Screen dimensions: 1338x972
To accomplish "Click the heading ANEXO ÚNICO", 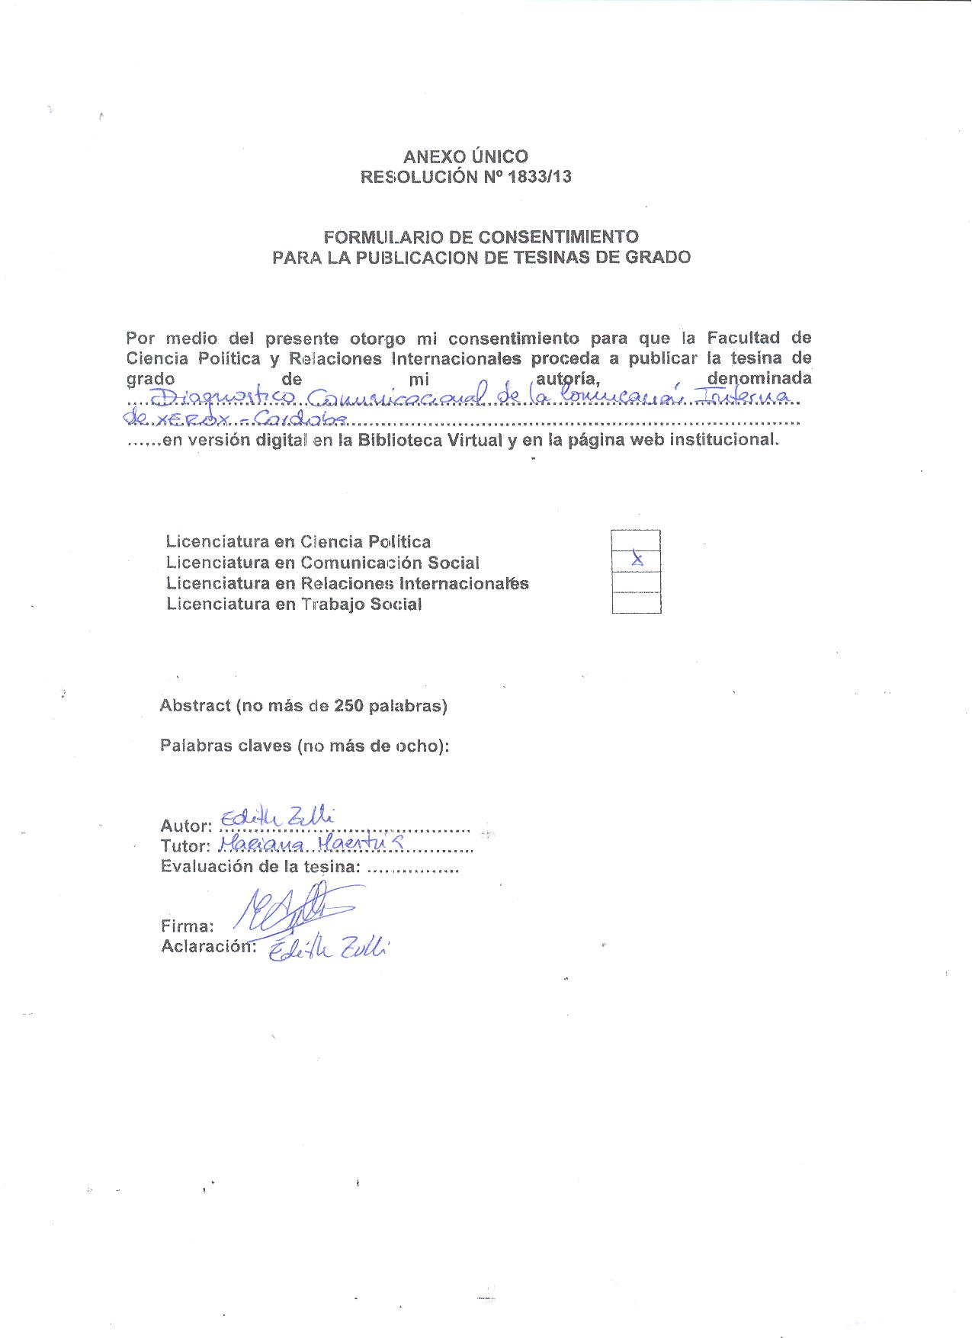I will (465, 157).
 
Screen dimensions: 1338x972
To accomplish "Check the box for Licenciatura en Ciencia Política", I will (636, 541).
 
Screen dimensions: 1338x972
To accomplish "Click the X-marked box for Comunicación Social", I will (636, 561).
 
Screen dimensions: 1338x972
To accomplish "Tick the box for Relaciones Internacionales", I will (636, 582).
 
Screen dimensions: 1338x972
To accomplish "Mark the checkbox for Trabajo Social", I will (636, 603).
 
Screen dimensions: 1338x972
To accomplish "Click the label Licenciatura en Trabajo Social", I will (294, 605).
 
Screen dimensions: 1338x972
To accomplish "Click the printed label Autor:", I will (185, 826).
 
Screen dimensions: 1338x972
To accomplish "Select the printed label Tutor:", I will (184, 846).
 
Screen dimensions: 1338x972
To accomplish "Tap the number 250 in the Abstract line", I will (348, 706).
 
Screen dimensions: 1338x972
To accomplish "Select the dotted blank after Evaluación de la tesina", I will (412, 868).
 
